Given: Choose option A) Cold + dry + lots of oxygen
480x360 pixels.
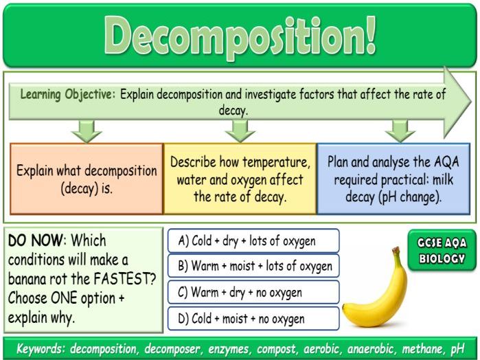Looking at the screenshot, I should pos(253,240).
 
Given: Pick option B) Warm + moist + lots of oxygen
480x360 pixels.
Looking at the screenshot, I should pos(253,266).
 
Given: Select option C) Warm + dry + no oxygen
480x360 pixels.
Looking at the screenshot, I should pos(253,292).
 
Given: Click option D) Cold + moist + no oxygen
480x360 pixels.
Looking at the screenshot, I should pos(253,318).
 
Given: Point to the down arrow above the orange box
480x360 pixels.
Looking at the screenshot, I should pos(87,130).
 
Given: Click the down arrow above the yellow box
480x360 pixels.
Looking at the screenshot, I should pos(240,130).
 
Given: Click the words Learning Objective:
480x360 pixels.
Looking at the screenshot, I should pos(68,95).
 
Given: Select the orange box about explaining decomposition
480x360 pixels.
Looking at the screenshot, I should pos(87,178).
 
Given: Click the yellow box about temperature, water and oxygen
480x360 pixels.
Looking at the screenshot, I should pos(240,178).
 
